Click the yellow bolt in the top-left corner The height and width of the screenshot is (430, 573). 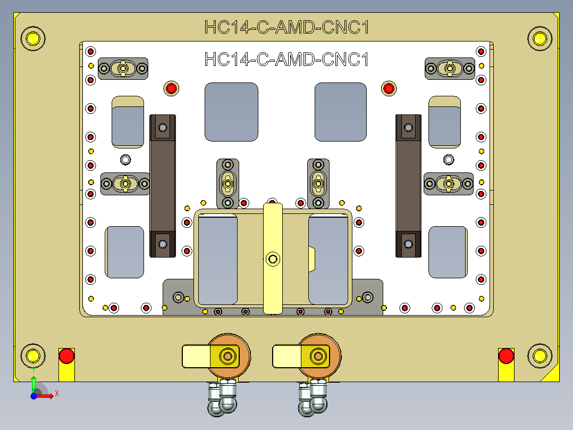[x=32, y=38]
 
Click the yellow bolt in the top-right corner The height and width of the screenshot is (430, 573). [x=540, y=38]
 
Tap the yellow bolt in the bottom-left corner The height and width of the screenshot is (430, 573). [x=32, y=355]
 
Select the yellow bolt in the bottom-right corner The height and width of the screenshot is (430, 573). [x=540, y=355]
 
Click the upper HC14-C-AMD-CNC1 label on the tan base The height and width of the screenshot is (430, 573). [x=286, y=27]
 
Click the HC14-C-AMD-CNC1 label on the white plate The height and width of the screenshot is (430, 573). [x=286, y=59]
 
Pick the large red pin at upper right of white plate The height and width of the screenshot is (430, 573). [x=389, y=88]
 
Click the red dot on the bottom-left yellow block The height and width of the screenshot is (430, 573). [x=66, y=355]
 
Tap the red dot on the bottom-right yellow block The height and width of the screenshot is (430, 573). [x=506, y=355]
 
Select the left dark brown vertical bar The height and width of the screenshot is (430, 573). [x=163, y=185]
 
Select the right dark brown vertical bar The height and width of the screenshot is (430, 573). [x=408, y=185]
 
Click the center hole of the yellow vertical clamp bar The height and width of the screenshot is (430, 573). [x=273, y=259]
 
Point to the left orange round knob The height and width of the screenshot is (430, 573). [x=229, y=355]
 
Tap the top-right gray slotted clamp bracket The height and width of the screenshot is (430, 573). [x=450, y=69]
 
